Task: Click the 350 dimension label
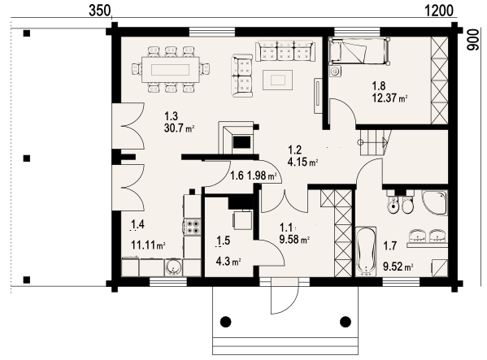99,11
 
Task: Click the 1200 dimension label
438,11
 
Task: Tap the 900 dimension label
472,40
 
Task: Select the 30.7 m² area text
179,128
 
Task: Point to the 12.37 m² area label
389,98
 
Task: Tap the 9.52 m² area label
398,267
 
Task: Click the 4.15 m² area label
302,162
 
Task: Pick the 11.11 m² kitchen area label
148,245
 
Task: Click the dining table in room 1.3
171,70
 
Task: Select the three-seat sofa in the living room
285,51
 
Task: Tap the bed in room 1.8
359,51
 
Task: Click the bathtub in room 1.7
366,252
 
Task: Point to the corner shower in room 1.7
434,203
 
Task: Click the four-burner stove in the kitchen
192,227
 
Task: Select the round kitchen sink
173,267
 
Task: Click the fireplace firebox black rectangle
241,142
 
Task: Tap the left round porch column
226,322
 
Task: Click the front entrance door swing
289,305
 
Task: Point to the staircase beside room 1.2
374,143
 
